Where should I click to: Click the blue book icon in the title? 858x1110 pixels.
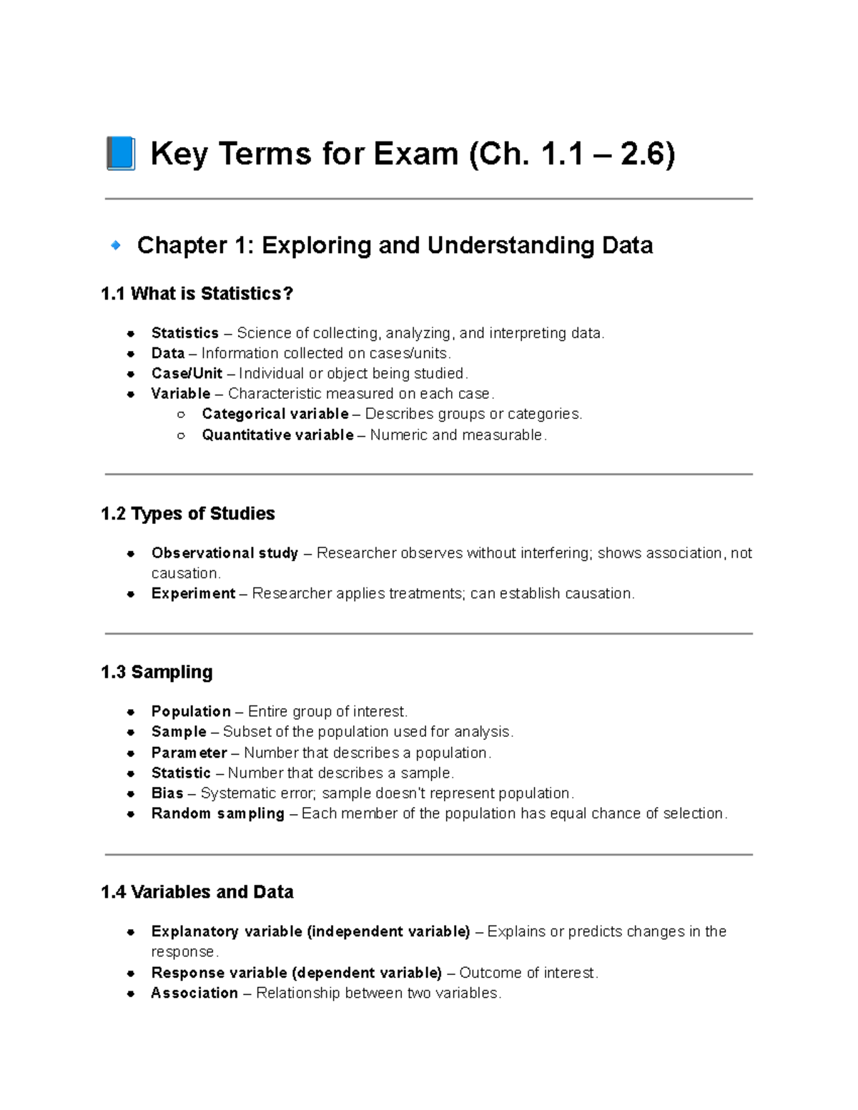120,154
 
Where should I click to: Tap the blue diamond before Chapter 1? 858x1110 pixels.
115,245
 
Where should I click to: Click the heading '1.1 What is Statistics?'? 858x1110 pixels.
197,294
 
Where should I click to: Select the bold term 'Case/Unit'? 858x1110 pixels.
187,373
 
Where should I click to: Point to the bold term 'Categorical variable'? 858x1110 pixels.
275,414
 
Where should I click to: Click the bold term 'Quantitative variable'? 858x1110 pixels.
277,435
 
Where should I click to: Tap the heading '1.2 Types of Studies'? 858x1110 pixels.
187,513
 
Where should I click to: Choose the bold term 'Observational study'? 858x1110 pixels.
225,552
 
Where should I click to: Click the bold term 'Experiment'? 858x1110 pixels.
193,593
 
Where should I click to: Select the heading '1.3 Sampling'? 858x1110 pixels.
157,672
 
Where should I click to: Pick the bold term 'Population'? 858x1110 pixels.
191,711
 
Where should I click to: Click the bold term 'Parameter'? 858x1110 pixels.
189,753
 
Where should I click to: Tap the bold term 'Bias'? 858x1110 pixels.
167,793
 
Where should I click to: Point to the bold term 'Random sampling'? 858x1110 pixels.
217,813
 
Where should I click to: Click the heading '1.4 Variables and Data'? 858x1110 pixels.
197,892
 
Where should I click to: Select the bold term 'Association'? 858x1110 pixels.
194,993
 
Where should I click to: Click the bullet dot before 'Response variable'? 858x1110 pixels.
131,973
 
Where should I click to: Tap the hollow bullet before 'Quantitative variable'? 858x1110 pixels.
181,435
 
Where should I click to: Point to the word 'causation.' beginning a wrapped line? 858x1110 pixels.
186,573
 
